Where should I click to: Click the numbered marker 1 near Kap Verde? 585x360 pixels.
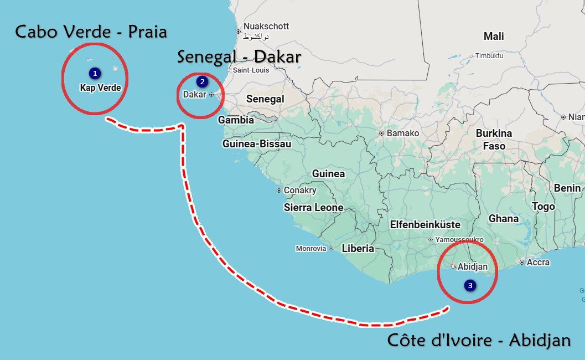(95, 73)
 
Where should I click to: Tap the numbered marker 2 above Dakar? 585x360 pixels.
(202, 82)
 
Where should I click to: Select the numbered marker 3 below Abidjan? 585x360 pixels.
(470, 286)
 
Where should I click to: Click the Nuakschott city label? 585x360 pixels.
(266, 27)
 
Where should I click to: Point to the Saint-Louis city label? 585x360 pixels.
(251, 70)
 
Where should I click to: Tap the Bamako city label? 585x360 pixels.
(402, 133)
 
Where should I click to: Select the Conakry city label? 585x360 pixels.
(299, 191)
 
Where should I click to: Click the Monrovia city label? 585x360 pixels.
(311, 249)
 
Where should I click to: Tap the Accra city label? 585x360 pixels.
(538, 263)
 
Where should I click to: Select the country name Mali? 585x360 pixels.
(494, 37)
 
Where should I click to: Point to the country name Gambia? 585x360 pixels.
(236, 120)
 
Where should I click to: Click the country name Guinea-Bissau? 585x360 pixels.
(256, 144)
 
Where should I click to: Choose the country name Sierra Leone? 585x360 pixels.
(313, 208)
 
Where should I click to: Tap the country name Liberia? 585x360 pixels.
(358, 249)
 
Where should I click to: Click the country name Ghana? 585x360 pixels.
(504, 219)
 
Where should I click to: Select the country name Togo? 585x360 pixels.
(543, 207)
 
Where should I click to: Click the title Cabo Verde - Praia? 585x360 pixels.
(91, 32)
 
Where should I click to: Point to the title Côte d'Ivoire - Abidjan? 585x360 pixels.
(479, 340)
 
